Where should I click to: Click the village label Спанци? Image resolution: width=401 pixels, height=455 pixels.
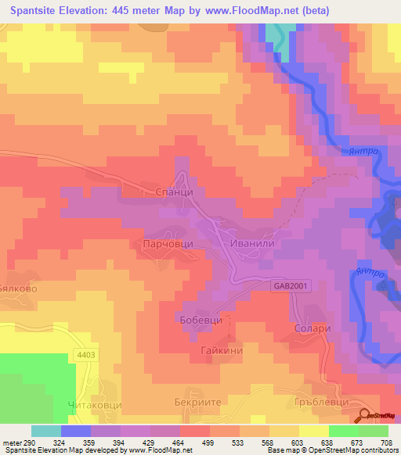(165, 191)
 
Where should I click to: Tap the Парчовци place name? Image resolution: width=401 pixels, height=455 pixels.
(169, 244)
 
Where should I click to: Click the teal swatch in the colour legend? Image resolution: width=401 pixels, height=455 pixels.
(45, 431)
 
